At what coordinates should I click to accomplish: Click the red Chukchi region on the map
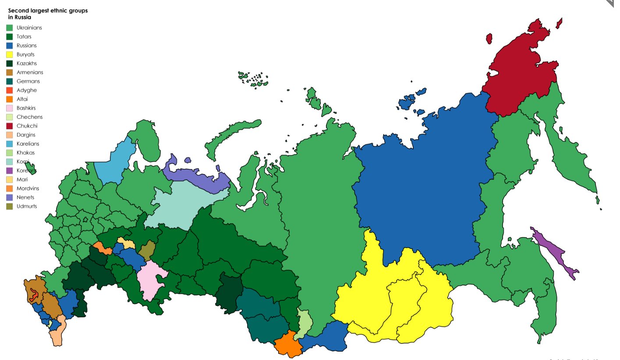(x=517, y=75)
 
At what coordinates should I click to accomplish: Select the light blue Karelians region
(x=111, y=163)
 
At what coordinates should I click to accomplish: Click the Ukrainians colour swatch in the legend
(x=10, y=28)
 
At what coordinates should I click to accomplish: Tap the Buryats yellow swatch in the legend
(x=10, y=54)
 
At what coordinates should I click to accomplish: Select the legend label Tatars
(x=24, y=36)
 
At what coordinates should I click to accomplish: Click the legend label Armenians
(x=30, y=72)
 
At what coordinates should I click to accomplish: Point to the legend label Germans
(x=28, y=81)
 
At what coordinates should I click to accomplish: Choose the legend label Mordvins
(x=29, y=189)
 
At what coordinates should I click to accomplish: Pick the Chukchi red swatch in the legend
(x=10, y=126)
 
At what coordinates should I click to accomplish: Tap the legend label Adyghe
(x=27, y=90)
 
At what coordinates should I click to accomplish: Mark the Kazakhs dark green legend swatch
(x=10, y=64)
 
